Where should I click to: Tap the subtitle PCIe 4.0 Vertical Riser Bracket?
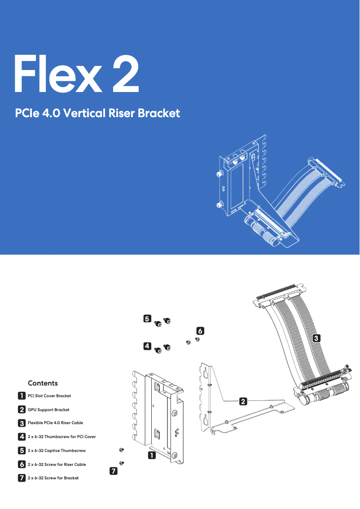pos(97,113)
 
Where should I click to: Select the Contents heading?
pos(43,383)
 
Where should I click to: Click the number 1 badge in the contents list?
pos(22,396)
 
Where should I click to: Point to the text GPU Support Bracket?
pos(48,410)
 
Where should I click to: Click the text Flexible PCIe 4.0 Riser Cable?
pos(55,423)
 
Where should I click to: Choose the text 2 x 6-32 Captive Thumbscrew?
pos(57,450)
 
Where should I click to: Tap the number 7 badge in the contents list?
pos(22,478)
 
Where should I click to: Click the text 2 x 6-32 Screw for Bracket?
pos(53,478)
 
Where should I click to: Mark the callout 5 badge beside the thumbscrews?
pos(147,319)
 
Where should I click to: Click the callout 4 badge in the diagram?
pos(147,346)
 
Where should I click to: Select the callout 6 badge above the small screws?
pos(200,331)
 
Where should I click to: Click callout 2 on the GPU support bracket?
pos(242,401)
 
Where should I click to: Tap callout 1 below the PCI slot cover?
pos(152,456)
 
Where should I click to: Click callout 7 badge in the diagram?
pos(114,471)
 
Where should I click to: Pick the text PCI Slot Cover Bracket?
pos(49,396)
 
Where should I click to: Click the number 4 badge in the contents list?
pos(22,436)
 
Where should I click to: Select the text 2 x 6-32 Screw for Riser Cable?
pos(57,464)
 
